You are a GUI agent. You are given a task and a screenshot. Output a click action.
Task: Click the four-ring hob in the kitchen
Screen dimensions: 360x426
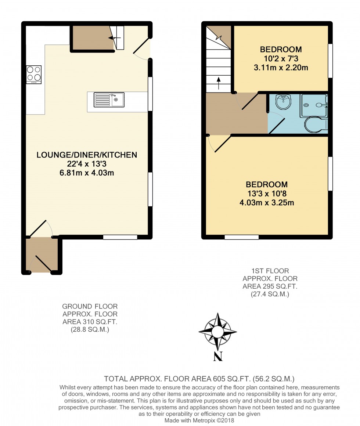click(34, 75)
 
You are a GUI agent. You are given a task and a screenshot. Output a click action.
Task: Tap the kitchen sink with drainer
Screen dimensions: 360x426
click(109, 100)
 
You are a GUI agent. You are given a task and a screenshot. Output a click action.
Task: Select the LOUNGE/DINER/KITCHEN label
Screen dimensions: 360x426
click(87, 155)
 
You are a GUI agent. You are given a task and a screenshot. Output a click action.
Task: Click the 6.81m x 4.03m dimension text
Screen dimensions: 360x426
click(87, 173)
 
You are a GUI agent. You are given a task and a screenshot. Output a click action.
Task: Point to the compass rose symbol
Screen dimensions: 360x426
click(217, 332)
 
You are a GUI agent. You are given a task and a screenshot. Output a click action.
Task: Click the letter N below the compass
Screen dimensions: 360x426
click(218, 356)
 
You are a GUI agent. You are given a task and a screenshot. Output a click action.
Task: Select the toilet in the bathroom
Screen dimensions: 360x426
click(316, 125)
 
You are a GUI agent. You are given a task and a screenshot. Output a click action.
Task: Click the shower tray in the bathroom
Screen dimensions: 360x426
click(314, 106)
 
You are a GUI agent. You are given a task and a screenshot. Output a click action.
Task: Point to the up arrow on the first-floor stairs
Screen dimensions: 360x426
click(219, 83)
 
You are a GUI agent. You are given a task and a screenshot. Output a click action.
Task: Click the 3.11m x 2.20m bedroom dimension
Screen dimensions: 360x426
click(281, 68)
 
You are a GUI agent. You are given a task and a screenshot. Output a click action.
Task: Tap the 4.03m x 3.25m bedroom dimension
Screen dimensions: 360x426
click(267, 203)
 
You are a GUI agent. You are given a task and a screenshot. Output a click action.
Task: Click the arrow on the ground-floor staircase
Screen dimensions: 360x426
click(114, 38)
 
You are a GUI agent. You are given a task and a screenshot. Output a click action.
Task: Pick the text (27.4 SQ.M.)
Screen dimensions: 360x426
click(270, 294)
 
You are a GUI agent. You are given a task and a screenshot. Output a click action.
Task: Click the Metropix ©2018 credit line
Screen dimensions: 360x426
click(199, 420)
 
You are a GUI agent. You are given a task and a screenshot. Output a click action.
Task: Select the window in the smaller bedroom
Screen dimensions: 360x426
click(330, 61)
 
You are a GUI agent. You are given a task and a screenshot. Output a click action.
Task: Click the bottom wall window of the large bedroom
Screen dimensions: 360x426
click(242, 237)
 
